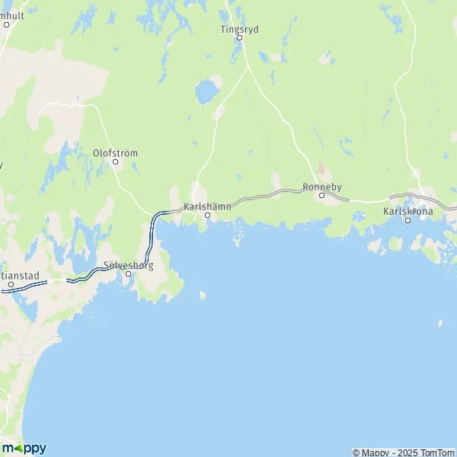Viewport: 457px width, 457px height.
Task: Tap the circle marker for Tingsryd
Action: click(x=238, y=37)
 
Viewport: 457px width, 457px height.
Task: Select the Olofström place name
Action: click(x=115, y=152)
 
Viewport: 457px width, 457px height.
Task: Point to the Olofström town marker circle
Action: click(x=116, y=161)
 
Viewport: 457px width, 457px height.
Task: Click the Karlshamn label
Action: click(x=206, y=206)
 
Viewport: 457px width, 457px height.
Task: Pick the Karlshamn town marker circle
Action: click(x=207, y=215)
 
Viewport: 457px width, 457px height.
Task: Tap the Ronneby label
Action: click(x=320, y=186)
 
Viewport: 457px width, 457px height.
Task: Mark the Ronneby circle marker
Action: click(x=321, y=195)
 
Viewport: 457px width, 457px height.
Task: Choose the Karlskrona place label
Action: click(x=407, y=211)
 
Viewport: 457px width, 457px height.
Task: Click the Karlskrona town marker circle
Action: click(x=407, y=221)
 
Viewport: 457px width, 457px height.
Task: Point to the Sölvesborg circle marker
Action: click(x=128, y=273)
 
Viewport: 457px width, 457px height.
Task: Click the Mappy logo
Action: click(x=24, y=448)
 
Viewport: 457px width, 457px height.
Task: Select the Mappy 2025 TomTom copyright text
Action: click(x=404, y=452)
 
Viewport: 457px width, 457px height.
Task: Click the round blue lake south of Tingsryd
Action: click(x=205, y=93)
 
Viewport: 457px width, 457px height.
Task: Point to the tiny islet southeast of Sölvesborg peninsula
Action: click(x=202, y=295)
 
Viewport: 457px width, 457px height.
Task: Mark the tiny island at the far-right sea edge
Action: click(x=441, y=323)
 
